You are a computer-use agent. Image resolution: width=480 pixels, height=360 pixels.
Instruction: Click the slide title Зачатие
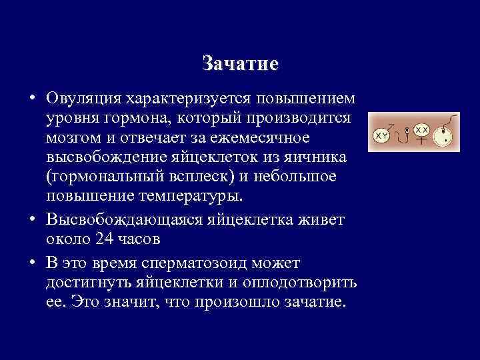(x=240, y=65)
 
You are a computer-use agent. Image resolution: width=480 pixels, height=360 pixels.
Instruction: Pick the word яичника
(x=323, y=157)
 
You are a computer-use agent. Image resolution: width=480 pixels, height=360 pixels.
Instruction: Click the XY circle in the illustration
(x=382, y=136)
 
